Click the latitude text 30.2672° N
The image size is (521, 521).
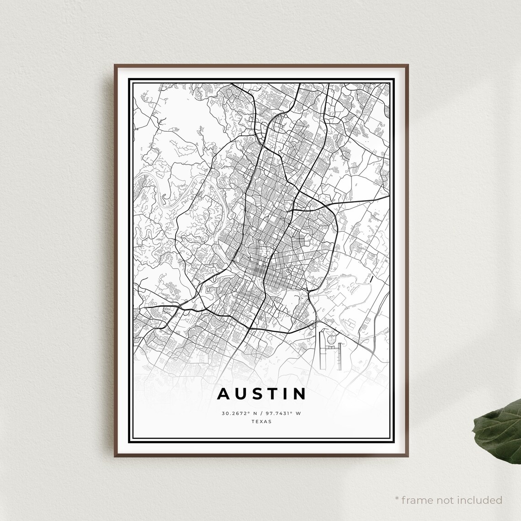point(239,414)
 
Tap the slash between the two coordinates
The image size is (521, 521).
point(261,414)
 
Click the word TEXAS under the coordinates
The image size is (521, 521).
point(261,422)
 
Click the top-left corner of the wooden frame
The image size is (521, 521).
point(115,65)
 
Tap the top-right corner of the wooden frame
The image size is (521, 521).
point(407,65)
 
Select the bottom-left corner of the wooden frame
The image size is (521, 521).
point(115,457)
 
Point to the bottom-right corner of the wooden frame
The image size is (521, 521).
point(407,457)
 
